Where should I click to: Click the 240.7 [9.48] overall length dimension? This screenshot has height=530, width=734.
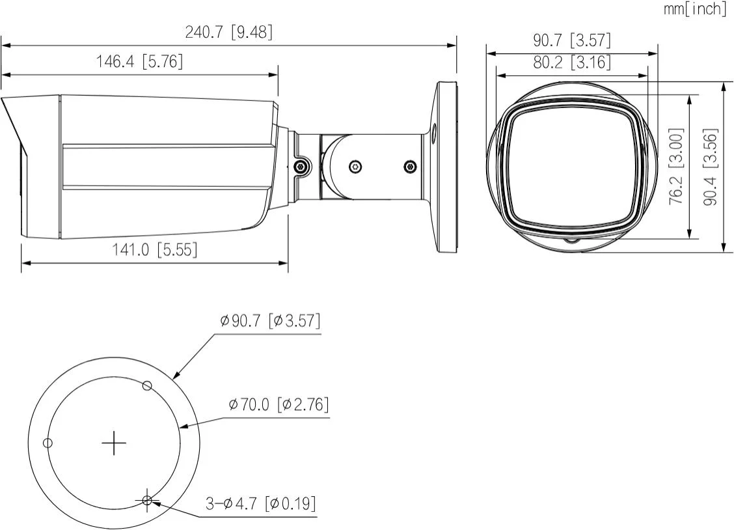click(x=228, y=33)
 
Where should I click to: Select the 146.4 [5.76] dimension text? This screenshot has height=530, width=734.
click(x=139, y=62)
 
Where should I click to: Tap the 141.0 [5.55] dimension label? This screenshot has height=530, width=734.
click(x=154, y=249)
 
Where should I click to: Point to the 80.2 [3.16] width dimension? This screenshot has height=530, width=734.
click(x=571, y=63)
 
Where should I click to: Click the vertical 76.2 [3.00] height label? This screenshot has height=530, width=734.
click(x=677, y=166)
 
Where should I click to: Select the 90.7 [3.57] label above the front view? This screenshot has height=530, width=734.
click(x=572, y=40)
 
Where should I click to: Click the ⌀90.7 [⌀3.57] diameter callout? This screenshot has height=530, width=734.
click(x=270, y=321)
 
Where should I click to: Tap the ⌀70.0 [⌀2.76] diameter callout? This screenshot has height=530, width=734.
click(x=279, y=404)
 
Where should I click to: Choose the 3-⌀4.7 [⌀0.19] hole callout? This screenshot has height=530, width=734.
click(x=261, y=503)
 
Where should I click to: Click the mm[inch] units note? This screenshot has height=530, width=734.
click(x=694, y=9)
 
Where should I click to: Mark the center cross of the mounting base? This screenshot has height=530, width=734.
click(x=115, y=443)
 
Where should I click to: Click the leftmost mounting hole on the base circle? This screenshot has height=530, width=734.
click(x=47, y=443)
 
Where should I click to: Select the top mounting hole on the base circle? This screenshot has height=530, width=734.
click(x=148, y=385)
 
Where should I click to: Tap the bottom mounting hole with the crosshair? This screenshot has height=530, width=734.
click(x=148, y=501)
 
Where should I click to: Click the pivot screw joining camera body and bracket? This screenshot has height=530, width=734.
click(x=301, y=167)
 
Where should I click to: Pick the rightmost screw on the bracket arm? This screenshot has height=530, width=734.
click(x=410, y=167)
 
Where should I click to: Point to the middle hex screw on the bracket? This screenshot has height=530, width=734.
click(x=354, y=167)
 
